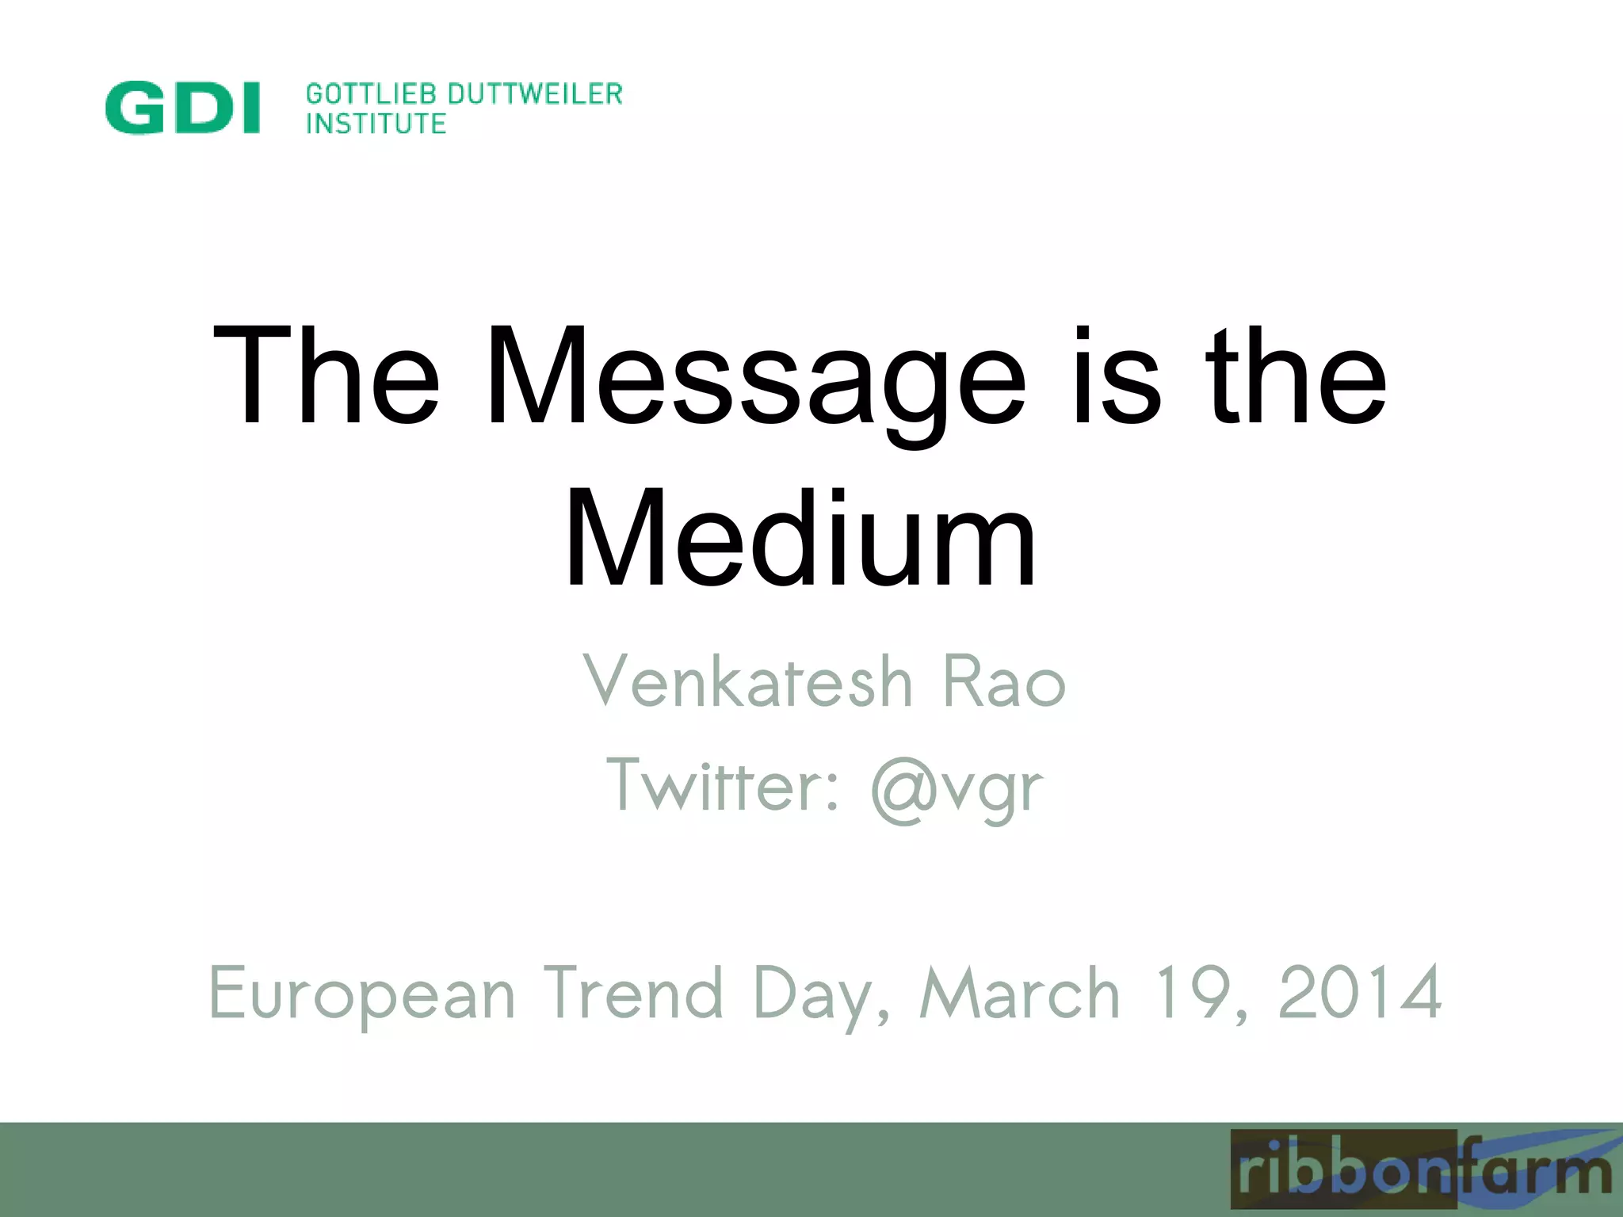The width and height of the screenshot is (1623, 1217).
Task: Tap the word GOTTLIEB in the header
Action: click(x=372, y=93)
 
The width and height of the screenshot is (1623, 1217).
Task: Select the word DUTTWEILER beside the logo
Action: click(x=536, y=93)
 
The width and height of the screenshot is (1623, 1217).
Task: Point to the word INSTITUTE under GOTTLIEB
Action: click(x=376, y=124)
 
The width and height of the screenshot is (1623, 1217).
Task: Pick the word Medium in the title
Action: click(x=800, y=539)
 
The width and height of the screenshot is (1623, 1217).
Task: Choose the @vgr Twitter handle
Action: click(x=957, y=789)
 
